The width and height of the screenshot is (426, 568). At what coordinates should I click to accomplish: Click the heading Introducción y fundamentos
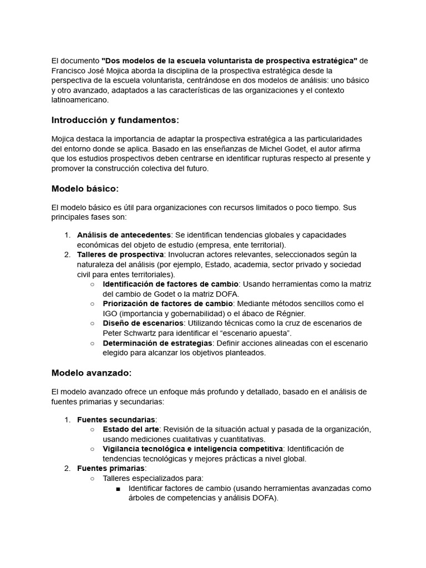pos(115,120)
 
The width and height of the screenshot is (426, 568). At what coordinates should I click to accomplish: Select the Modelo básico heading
pos(85,189)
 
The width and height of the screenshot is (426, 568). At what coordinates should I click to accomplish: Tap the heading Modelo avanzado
pos(92,373)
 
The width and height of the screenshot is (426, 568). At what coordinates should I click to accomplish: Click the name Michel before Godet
pos(260,149)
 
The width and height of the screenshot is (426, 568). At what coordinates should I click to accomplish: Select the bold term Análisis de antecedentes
pos(124,235)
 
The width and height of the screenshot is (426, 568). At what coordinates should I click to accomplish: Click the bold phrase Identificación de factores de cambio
pos(170,284)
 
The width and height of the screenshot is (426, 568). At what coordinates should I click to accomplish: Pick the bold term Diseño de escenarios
pos(143,323)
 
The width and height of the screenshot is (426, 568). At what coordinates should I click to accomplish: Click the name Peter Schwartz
pos(133,333)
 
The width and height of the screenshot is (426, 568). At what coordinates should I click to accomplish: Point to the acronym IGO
pos(111,313)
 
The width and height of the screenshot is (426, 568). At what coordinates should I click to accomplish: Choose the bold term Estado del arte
pos(131,429)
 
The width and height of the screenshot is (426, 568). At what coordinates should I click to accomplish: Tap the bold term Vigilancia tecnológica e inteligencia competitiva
pos(192,449)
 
